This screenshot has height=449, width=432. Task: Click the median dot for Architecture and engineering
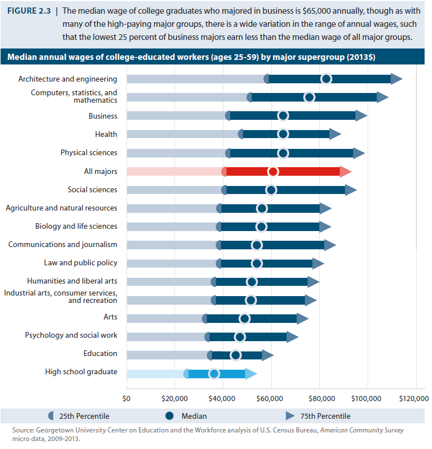tap(326, 79)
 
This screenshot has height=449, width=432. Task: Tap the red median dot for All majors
tap(273, 172)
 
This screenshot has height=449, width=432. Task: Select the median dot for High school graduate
tap(214, 374)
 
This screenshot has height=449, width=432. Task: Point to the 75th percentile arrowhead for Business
tap(361, 116)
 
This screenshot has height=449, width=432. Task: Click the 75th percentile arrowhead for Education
tap(267, 355)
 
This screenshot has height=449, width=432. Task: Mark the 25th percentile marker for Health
tap(241, 134)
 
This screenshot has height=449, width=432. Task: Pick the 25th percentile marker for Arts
tap(205, 318)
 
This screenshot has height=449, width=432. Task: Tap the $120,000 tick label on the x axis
tap(413, 397)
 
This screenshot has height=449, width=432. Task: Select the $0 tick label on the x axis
tap(127, 397)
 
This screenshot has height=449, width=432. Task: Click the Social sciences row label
tap(92, 190)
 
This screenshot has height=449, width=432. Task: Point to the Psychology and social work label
tap(71, 335)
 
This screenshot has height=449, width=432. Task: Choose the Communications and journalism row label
tap(63, 245)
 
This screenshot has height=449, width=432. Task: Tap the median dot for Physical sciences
tap(283, 153)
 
